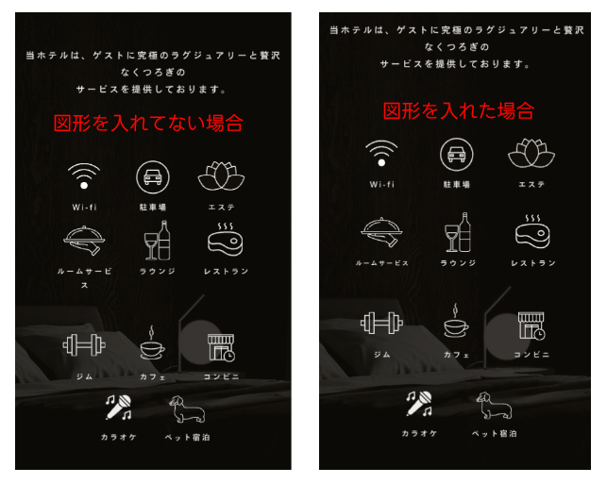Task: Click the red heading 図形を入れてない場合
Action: pyautogui.click(x=148, y=123)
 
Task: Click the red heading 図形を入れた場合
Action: pyautogui.click(x=459, y=110)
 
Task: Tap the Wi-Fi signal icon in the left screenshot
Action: pyautogui.click(x=83, y=176)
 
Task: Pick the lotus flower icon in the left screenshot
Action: pyautogui.click(x=221, y=176)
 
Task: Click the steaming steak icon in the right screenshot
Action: pyautogui.click(x=532, y=230)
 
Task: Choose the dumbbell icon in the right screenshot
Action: pyautogui.click(x=381, y=324)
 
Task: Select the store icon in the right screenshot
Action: pyautogui.click(x=531, y=325)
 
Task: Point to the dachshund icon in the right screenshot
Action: pyautogui.click(x=494, y=406)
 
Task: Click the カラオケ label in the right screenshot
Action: pyautogui.click(x=420, y=433)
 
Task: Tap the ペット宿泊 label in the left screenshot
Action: pyautogui.click(x=193, y=437)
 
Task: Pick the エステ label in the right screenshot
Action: pyautogui.click(x=531, y=184)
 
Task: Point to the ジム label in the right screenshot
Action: pyautogui.click(x=381, y=354)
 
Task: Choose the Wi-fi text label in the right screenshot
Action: pyautogui.click(x=381, y=184)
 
